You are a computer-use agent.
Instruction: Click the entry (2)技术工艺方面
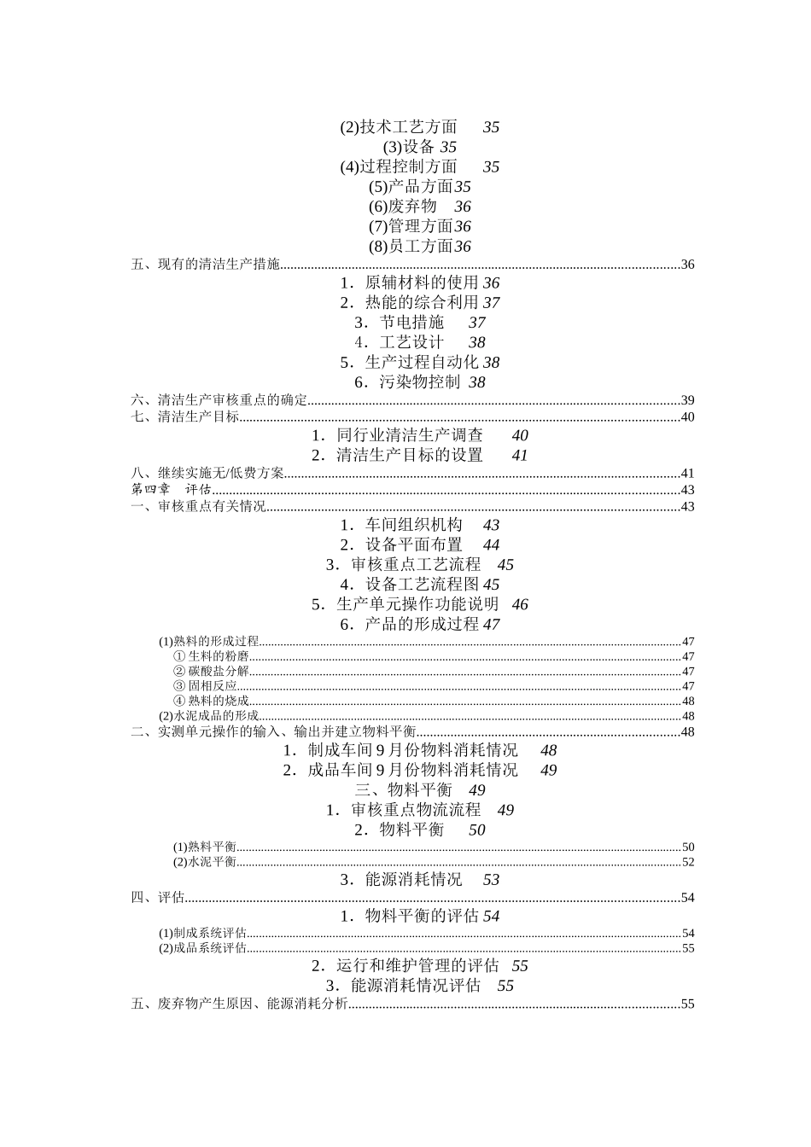pos(399,127)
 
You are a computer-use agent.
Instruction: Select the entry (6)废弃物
pos(403,207)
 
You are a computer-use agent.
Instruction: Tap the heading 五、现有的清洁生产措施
pos(206,265)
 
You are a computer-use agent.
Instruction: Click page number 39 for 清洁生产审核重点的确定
pos(687,401)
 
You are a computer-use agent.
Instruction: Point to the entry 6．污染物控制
pos(407,382)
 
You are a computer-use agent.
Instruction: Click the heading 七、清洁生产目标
pos(185,417)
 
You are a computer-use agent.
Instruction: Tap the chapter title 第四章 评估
pos(171,490)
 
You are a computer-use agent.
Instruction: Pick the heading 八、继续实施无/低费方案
pos(207,474)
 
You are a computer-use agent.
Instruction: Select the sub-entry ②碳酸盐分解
pos(211,672)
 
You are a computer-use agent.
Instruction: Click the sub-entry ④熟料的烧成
pos(211,701)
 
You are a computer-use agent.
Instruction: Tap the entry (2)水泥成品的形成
pos(209,716)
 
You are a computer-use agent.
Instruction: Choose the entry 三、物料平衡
pos(403,790)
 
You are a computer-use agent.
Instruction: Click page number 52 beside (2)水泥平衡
pos(688,862)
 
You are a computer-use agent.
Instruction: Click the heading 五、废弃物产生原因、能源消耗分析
pos(240,1004)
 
